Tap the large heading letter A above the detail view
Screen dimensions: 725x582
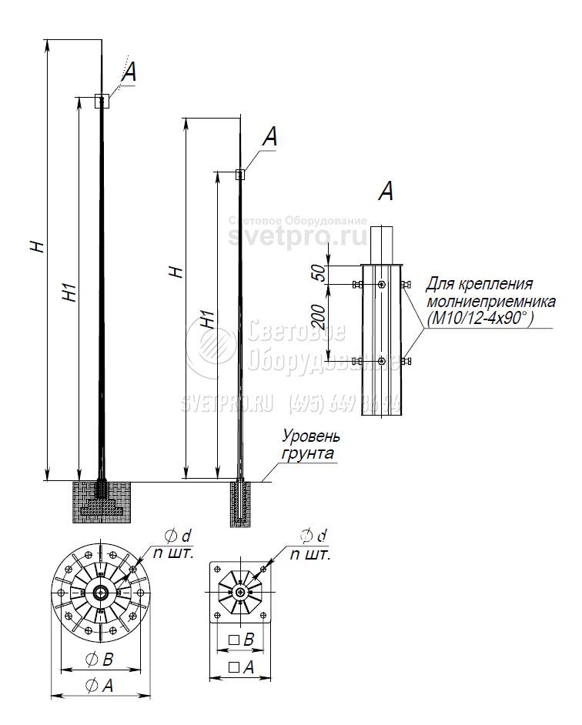[x=386, y=191]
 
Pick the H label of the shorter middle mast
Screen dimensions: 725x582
[x=176, y=271]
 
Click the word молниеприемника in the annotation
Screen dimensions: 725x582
[x=479, y=300]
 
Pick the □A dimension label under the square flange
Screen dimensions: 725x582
[x=241, y=667]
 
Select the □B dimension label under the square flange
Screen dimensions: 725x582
[x=242, y=640]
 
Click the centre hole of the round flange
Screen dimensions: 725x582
[x=100, y=593]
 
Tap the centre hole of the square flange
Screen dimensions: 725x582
[x=242, y=593]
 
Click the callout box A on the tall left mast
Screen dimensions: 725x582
[x=102, y=100]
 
